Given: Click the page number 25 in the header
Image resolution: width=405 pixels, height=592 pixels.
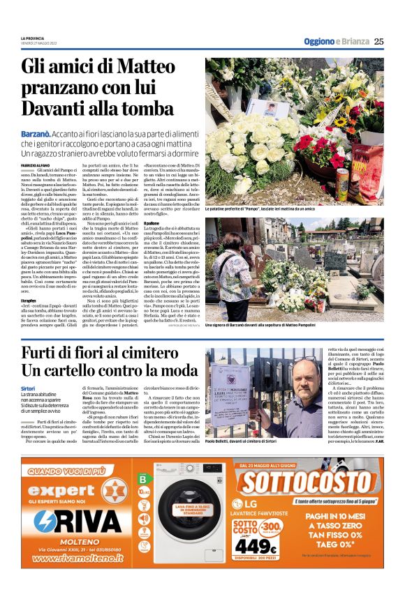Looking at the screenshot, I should click(x=379, y=41).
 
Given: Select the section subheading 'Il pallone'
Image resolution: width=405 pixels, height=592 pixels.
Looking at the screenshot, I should click(x=214, y=223).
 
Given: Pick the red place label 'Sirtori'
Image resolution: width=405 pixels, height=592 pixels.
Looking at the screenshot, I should click(x=28, y=388).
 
